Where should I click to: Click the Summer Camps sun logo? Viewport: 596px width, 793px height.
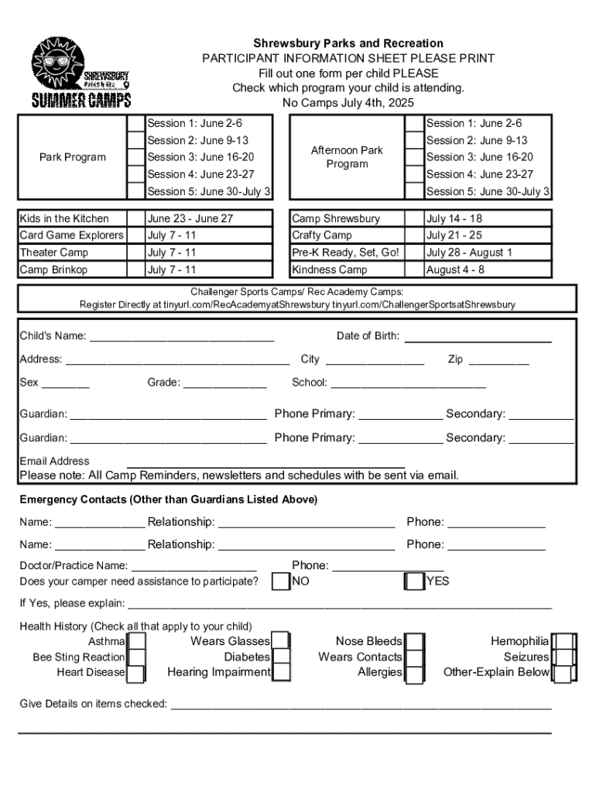pos(80,74)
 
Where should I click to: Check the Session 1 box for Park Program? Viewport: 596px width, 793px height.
pos(136,124)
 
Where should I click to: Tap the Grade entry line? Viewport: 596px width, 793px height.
pos(224,383)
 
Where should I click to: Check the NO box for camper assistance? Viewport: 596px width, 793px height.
pos(281,581)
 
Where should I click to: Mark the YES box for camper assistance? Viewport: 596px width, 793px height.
pos(415,581)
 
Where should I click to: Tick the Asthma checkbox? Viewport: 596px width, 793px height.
pos(137,642)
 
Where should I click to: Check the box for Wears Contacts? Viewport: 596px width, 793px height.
pos(416,657)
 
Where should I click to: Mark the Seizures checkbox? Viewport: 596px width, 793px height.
pos(563,657)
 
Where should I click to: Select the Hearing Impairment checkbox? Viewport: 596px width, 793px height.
pos(282,673)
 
